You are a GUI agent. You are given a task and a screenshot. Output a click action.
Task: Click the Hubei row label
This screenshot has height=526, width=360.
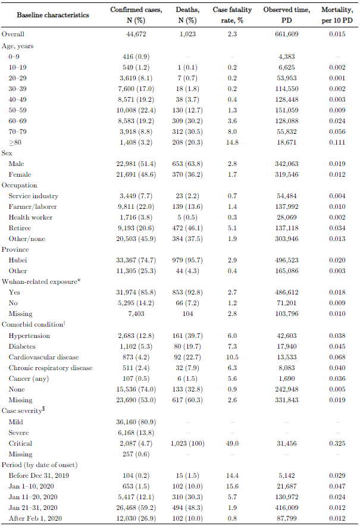18,260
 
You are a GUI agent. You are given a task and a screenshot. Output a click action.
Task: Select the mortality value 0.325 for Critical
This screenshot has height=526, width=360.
337,443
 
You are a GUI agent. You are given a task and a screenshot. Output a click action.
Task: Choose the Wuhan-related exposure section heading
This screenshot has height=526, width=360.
40,281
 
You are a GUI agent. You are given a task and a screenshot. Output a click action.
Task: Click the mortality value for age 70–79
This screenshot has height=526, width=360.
337,131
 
